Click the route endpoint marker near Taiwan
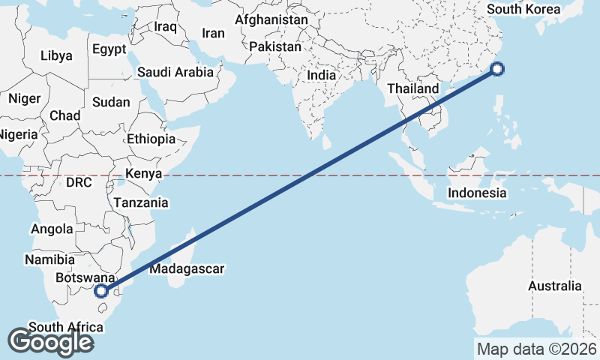[497, 70]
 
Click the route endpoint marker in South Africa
[102, 291]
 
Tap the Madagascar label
[187, 268]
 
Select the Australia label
[554, 286]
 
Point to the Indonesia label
[477, 193]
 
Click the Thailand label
[412, 88]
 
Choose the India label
[321, 75]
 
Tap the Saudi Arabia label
[175, 73]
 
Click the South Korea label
[523, 9]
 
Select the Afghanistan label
[271, 19]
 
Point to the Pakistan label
[275, 46]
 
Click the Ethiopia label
[151, 139]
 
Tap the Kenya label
[144, 174]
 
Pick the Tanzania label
[141, 202]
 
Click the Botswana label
[85, 277]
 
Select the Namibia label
[49, 259]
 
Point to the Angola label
[51, 229]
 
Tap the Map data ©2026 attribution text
[537, 349]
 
